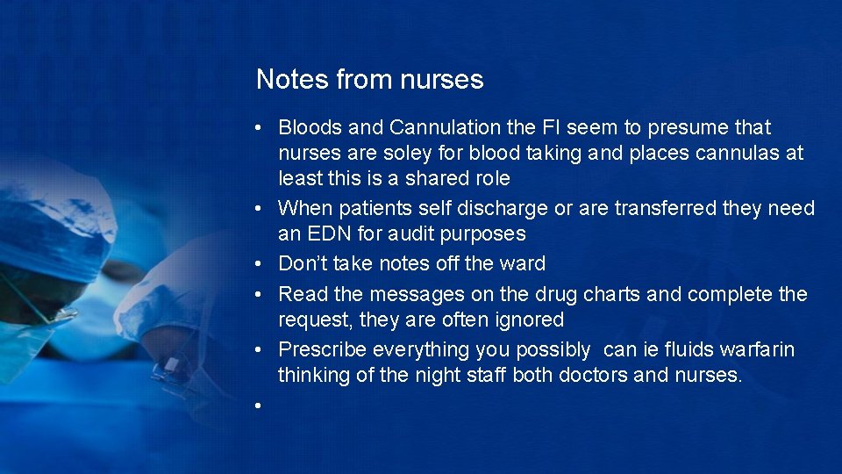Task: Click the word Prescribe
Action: [x=322, y=349]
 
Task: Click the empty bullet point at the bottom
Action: [x=259, y=406]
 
